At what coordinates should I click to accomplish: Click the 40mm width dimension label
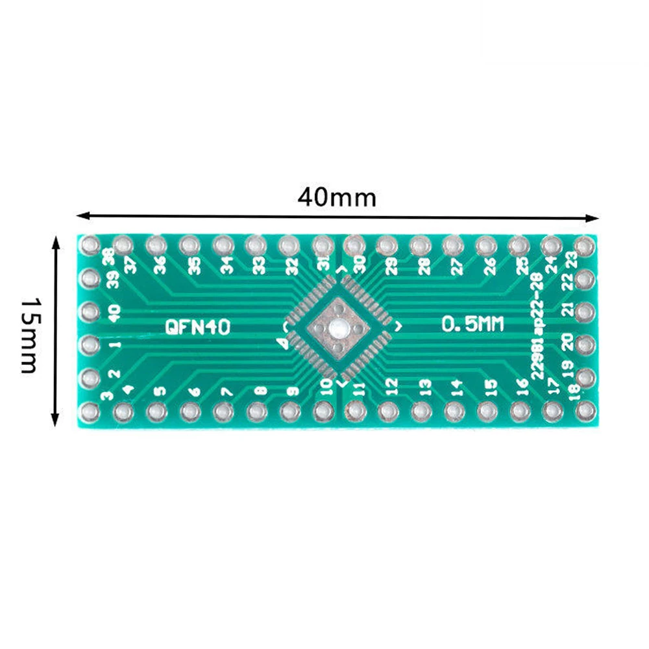pyautogui.click(x=337, y=196)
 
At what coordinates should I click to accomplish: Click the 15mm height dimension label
pyautogui.click(x=29, y=335)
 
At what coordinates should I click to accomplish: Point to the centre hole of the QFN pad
pyautogui.click(x=337, y=328)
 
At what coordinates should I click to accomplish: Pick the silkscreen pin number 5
pyautogui.click(x=159, y=391)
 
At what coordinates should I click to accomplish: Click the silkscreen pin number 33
pyautogui.click(x=258, y=265)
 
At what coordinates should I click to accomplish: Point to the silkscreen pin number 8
pyautogui.click(x=260, y=391)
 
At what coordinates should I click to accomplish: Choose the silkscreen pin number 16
pyautogui.click(x=523, y=389)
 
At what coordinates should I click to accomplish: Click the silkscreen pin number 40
pyautogui.click(x=114, y=314)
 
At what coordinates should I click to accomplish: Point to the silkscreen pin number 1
pyautogui.click(x=114, y=344)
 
